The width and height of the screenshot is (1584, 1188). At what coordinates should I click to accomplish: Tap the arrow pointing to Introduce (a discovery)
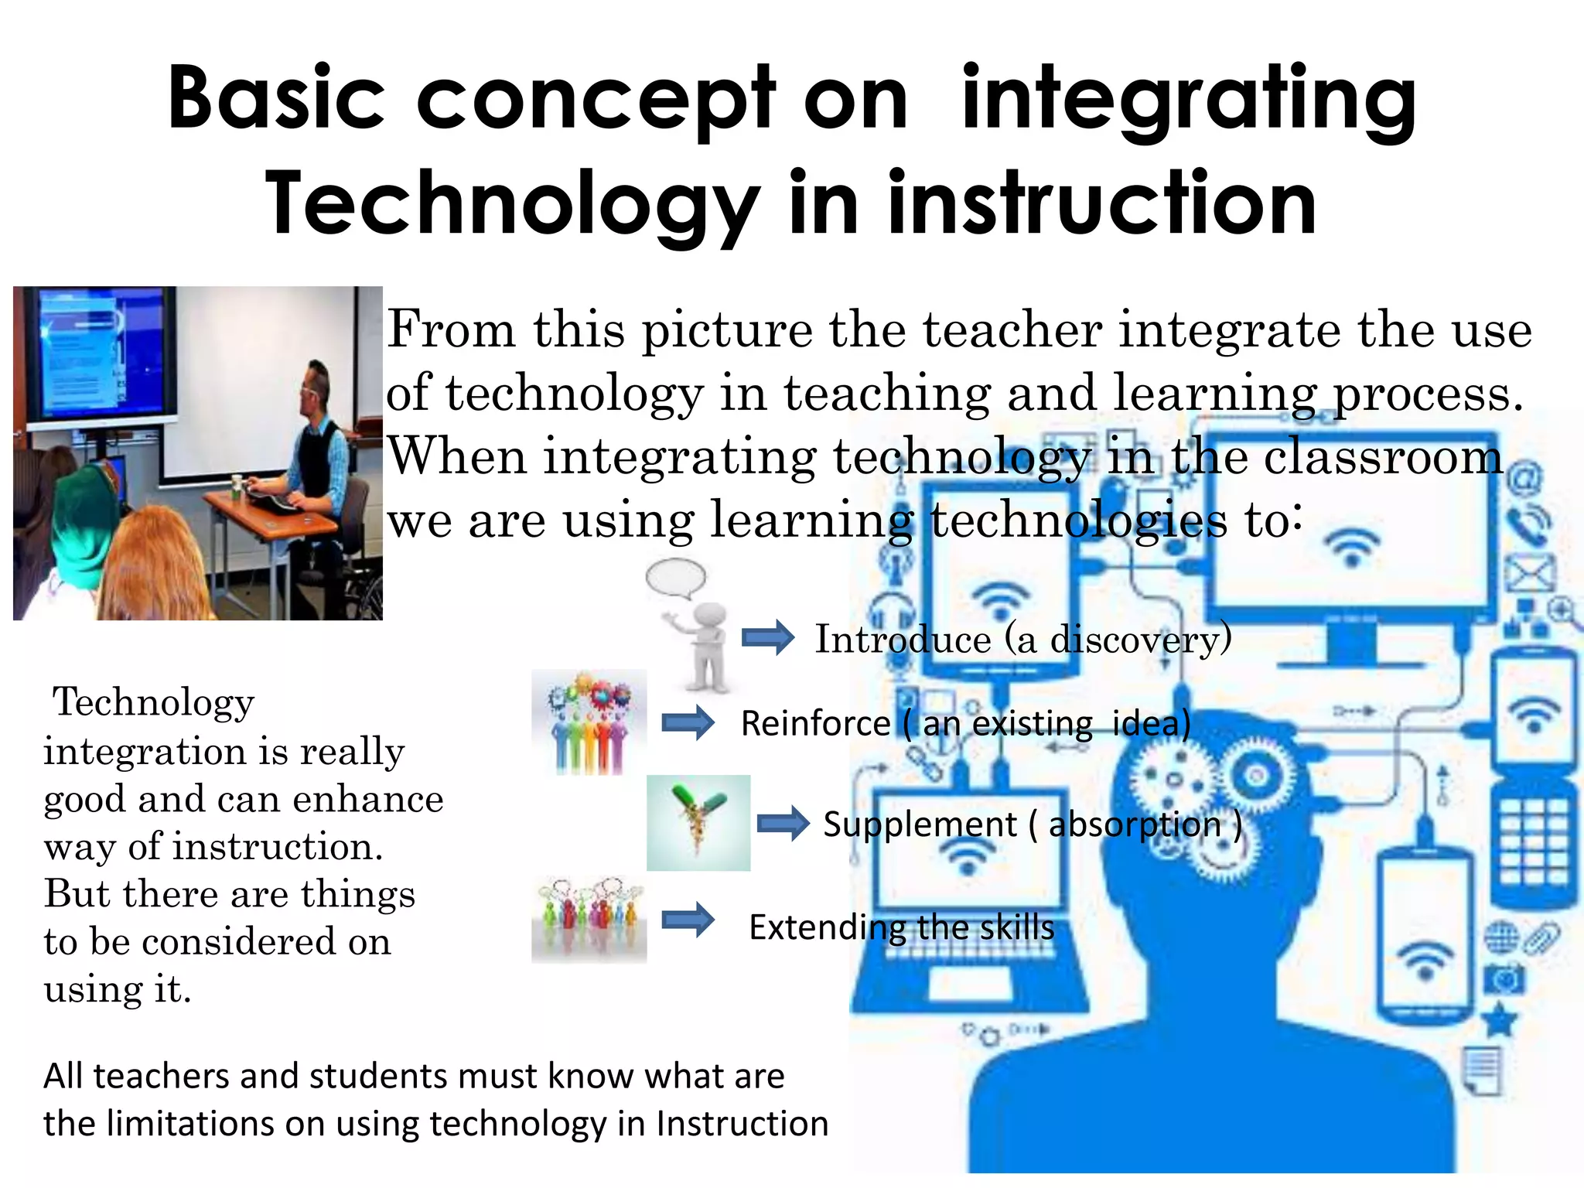click(x=767, y=638)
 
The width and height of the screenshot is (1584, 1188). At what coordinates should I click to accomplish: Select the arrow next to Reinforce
click(x=688, y=723)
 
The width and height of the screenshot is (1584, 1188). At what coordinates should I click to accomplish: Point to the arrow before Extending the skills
click(x=688, y=920)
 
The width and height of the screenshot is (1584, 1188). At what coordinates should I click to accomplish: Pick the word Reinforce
click(x=815, y=724)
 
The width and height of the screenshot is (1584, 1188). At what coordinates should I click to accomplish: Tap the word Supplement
click(x=919, y=824)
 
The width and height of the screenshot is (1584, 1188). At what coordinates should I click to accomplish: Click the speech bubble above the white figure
click(x=676, y=578)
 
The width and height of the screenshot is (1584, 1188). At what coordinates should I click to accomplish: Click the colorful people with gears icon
click(x=589, y=722)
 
